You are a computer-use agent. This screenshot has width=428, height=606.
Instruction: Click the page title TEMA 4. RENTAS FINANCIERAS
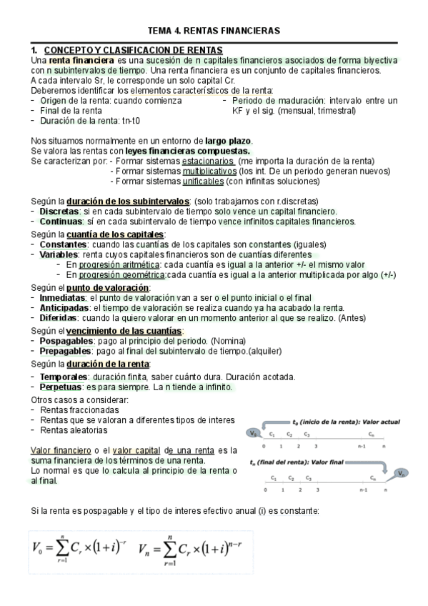[213, 31]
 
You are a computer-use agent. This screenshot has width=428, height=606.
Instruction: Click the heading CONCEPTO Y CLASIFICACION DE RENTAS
[133, 50]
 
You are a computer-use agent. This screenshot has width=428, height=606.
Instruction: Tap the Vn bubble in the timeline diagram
[402, 473]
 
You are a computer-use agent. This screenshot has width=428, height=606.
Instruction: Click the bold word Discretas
[60, 212]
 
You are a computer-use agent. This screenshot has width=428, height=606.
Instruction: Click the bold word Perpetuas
[62, 387]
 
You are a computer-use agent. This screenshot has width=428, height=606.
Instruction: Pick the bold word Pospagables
[66, 341]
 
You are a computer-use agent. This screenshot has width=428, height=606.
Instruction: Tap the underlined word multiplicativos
[209, 172]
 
